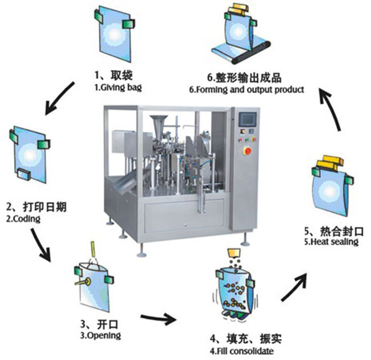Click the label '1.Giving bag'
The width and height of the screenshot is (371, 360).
coord(118,88)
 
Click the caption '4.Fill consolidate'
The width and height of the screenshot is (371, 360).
coord(241,350)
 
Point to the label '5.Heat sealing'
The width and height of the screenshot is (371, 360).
coord(332,241)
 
